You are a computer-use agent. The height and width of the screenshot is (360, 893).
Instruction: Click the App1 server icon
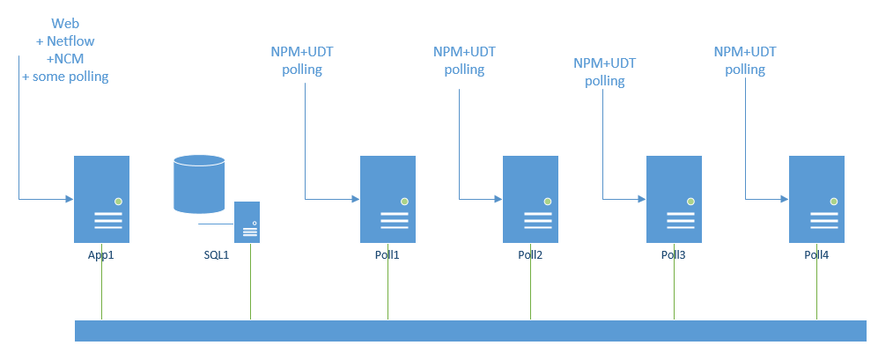point(101,199)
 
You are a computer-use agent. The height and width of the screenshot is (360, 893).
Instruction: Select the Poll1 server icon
point(387,199)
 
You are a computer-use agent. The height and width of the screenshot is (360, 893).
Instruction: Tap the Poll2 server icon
point(530,199)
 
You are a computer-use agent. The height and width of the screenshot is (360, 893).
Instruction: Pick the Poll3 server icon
point(674,199)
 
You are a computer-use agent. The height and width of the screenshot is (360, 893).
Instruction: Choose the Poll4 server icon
point(816,199)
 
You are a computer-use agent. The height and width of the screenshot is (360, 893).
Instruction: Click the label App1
point(101,255)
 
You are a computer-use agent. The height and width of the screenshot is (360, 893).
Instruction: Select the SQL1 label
point(216,255)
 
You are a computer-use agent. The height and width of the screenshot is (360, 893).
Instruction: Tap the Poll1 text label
point(387,255)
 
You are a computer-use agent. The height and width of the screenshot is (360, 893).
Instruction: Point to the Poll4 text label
point(816,255)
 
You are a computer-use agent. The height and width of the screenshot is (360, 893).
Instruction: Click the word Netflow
point(70,40)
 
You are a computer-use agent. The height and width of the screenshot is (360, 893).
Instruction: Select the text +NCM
point(65,58)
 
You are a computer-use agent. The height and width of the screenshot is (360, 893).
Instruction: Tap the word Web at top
point(65,23)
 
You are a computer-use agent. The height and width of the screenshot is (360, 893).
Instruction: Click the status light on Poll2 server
point(547,202)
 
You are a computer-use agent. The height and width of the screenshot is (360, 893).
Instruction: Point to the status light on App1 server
point(118,202)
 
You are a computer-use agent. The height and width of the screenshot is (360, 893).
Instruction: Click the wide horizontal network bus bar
point(470,330)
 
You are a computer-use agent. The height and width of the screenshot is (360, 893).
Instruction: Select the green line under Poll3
point(674,290)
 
